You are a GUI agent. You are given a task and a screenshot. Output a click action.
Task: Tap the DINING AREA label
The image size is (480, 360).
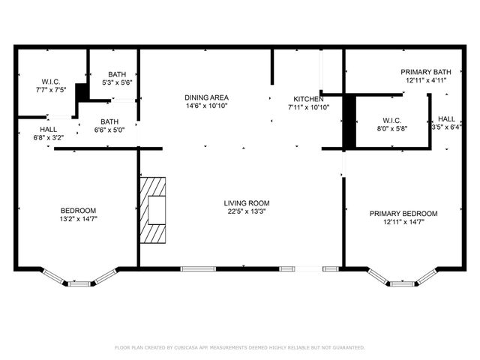[x=206, y=97]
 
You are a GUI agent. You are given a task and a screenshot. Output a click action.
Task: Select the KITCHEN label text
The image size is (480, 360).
[x=307, y=99]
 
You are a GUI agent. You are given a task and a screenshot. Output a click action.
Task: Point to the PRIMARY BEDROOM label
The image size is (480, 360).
[x=403, y=213]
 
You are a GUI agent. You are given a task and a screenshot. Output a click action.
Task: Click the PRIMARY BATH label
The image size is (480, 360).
[x=425, y=71]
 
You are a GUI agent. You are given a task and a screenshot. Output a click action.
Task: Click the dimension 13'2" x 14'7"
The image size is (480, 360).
[x=78, y=218]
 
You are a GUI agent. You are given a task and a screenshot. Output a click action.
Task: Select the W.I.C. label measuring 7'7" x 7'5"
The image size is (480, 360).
[x=50, y=81]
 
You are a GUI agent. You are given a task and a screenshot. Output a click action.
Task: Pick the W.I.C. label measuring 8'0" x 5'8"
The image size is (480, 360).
[x=391, y=120]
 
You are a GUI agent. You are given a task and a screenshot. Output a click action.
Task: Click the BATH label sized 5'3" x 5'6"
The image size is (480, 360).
[x=116, y=74]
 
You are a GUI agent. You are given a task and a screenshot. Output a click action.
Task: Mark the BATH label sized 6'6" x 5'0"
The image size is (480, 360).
[x=109, y=121]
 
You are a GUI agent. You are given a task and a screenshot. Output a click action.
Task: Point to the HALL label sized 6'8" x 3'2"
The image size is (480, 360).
[x=28, y=130]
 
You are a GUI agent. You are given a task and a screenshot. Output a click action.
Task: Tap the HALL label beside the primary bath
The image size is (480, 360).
[x=446, y=118]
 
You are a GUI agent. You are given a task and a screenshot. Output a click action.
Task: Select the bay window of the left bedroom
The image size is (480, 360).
[x=78, y=279]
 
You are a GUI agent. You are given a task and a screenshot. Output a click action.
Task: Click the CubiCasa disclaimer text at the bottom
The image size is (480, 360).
[x=239, y=347]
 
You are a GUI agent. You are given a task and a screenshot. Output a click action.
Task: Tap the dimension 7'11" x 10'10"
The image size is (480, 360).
[x=308, y=107]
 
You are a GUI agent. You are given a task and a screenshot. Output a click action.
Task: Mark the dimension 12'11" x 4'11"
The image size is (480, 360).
[x=425, y=79]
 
